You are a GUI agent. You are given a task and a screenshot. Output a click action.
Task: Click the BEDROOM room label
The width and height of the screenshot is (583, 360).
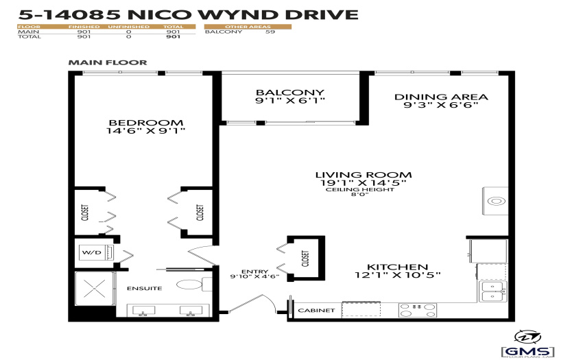pos(145,122)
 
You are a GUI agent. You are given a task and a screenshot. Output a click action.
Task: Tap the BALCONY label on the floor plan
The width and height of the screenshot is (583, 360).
pos(290,93)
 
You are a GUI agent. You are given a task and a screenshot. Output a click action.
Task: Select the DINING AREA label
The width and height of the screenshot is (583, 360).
pos(441,97)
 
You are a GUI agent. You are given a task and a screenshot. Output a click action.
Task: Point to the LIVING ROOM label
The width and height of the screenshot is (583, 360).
pos(364,175)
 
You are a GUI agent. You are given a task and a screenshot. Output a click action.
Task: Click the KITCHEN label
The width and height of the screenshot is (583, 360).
pos(397,267)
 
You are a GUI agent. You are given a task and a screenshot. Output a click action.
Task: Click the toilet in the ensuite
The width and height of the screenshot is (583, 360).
pos(194,285)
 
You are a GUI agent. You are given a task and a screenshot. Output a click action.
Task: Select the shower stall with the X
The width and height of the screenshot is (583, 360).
pos(95,289)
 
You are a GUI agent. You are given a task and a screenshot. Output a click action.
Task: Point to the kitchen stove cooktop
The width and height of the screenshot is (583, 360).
pos(418,310)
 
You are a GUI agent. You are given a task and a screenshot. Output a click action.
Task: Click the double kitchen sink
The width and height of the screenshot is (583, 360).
pos(492,291)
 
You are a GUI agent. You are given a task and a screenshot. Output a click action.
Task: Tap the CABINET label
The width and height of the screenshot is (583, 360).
pos(316,310)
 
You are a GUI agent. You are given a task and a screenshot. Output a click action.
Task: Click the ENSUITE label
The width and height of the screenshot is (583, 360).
pos(145,288)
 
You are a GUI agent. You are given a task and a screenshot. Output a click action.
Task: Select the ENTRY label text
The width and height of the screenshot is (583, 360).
pos(254,272)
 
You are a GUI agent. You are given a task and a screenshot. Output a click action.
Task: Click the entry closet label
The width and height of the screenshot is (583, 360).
pos(306,258)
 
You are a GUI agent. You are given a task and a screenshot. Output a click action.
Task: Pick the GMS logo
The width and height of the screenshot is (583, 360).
pos(528,344)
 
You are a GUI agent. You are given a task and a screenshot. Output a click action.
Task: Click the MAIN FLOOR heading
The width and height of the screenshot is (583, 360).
pos(108,62)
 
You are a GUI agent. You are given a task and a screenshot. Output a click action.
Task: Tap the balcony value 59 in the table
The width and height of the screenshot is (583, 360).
pos(270,32)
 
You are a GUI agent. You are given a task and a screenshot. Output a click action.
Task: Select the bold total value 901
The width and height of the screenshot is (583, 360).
pos(174,36)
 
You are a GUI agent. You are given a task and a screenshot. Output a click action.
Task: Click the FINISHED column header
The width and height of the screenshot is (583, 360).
pos(84,27)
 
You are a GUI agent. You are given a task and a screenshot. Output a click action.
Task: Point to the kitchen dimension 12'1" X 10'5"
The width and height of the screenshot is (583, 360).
pos(397,275)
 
